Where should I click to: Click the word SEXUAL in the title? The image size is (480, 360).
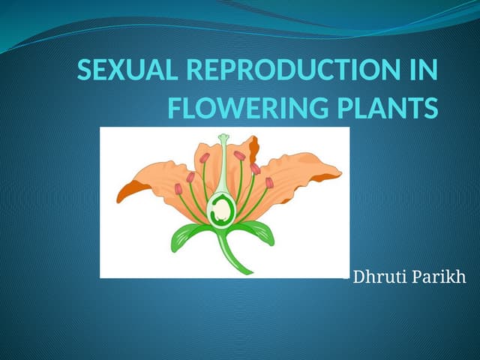coord(126,73)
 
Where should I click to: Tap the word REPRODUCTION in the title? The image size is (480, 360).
coord(290,73)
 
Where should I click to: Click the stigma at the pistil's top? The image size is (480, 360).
coord(223,139)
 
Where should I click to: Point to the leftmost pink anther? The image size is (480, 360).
coord(178,189)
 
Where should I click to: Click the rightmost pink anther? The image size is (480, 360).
coord(269,182)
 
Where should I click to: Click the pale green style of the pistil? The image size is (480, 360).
coord(223,169)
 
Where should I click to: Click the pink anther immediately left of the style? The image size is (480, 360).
coord(205,158)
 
